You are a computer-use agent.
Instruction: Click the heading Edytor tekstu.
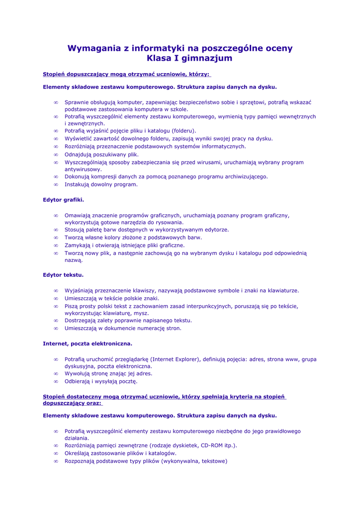click(x=63, y=275)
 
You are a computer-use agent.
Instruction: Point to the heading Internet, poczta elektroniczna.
click(x=88, y=343)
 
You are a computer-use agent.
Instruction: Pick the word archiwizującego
click(x=243, y=176)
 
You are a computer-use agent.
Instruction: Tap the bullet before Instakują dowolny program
click(x=56, y=184)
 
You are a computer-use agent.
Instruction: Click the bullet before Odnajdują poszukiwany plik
click(x=56, y=155)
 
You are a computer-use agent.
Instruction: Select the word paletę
click(x=96, y=230)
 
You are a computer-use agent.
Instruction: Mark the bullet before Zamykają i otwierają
click(x=56, y=246)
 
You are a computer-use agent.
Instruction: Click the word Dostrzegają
click(x=81, y=321)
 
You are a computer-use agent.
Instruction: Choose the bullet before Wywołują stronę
click(x=56, y=374)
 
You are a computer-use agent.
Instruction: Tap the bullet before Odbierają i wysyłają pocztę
click(x=56, y=382)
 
